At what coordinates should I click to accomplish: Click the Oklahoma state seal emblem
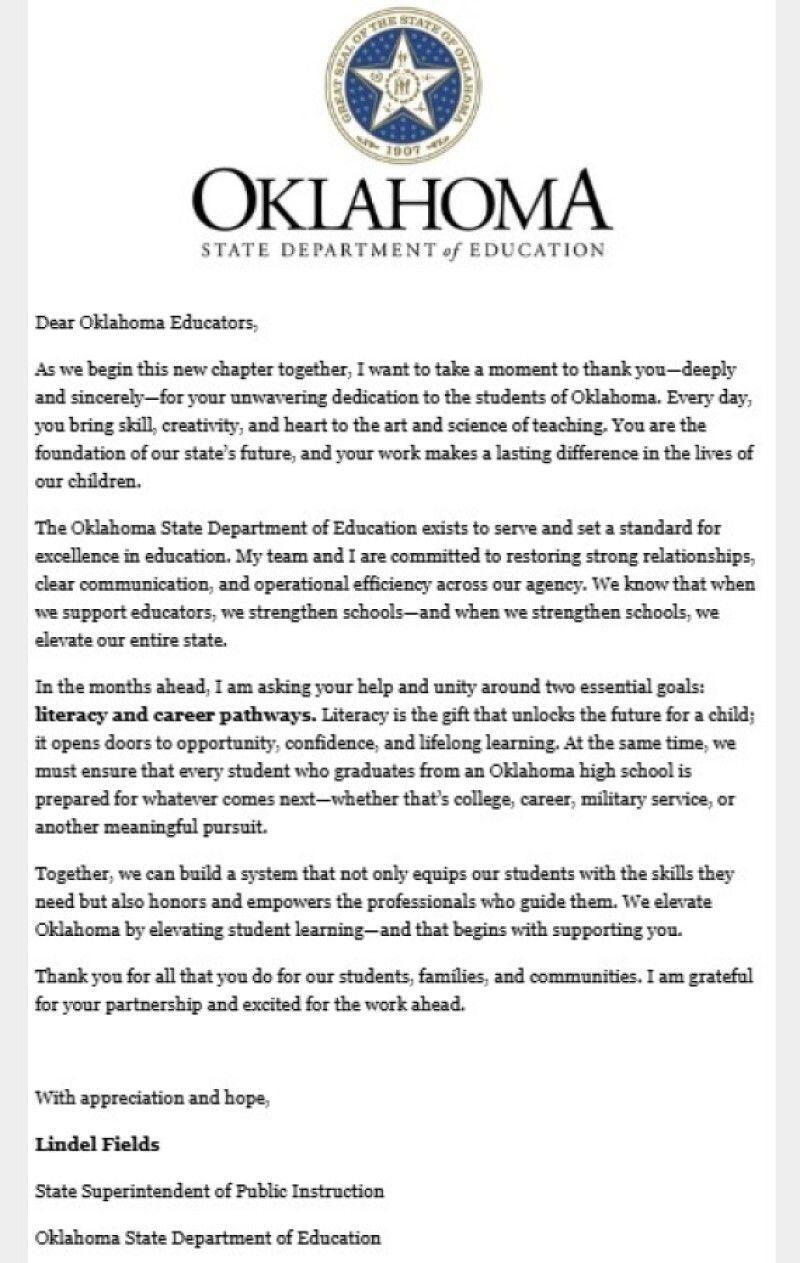pyautogui.click(x=406, y=85)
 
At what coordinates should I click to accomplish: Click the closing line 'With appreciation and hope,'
pyautogui.click(x=152, y=1099)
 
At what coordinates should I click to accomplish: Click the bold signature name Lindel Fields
pyautogui.click(x=98, y=1145)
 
